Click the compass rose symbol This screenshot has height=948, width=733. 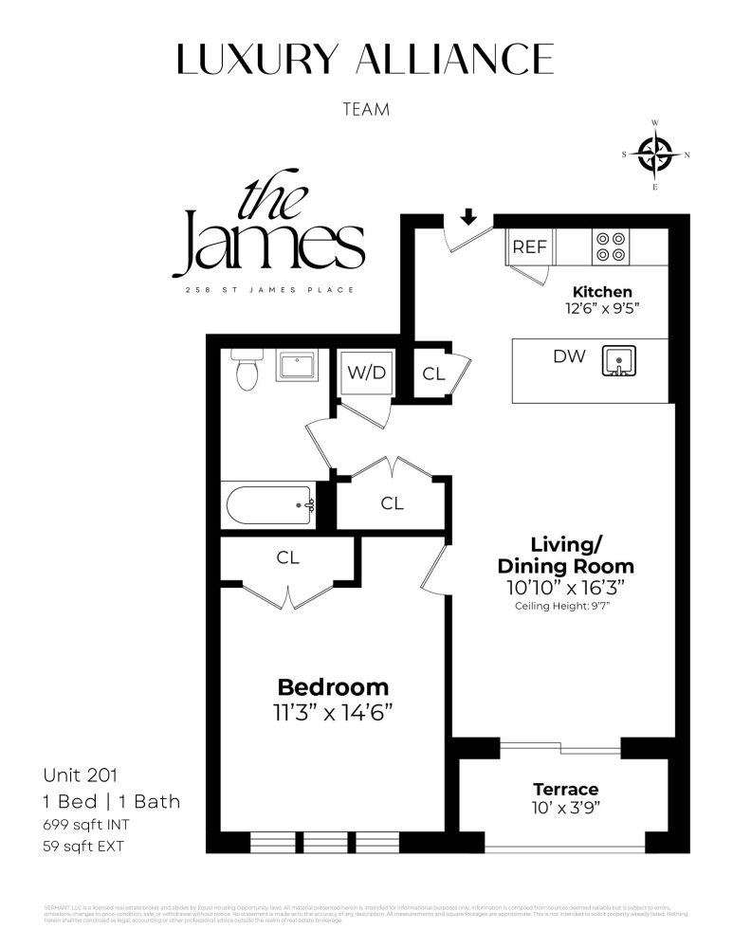pos(654,155)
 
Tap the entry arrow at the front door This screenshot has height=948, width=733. pos(467,218)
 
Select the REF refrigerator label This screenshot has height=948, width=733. pos(530,247)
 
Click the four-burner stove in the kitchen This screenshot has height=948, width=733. pos(610,246)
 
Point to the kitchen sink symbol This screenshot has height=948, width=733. pos(619,360)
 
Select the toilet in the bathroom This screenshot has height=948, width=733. pos(247,372)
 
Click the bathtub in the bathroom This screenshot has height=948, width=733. pos(268,504)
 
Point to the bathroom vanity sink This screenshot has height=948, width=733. pos(302,365)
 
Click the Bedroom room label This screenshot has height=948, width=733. pos(333,687)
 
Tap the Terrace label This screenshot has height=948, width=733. pos(565,789)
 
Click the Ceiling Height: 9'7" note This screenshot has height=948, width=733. pos(568,605)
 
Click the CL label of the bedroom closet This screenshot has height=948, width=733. pos(288,558)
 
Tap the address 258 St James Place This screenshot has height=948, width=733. pos(269,289)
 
